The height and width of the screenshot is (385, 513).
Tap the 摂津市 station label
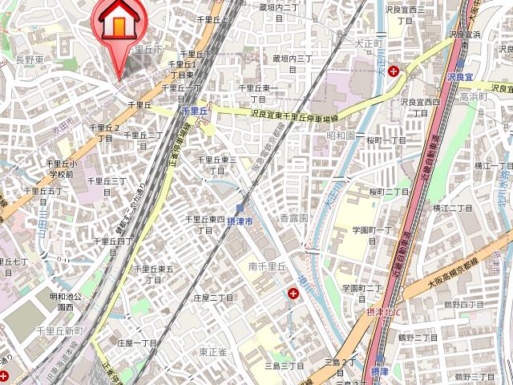[240, 221]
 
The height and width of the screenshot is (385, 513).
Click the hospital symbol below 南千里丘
[294, 294]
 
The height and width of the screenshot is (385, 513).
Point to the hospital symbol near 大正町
[394, 71]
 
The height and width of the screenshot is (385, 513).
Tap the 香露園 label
[293, 218]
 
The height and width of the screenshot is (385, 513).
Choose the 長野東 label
[30, 59]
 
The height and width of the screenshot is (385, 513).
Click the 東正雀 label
[213, 351]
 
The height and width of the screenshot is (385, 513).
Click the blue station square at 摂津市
[240, 208]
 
